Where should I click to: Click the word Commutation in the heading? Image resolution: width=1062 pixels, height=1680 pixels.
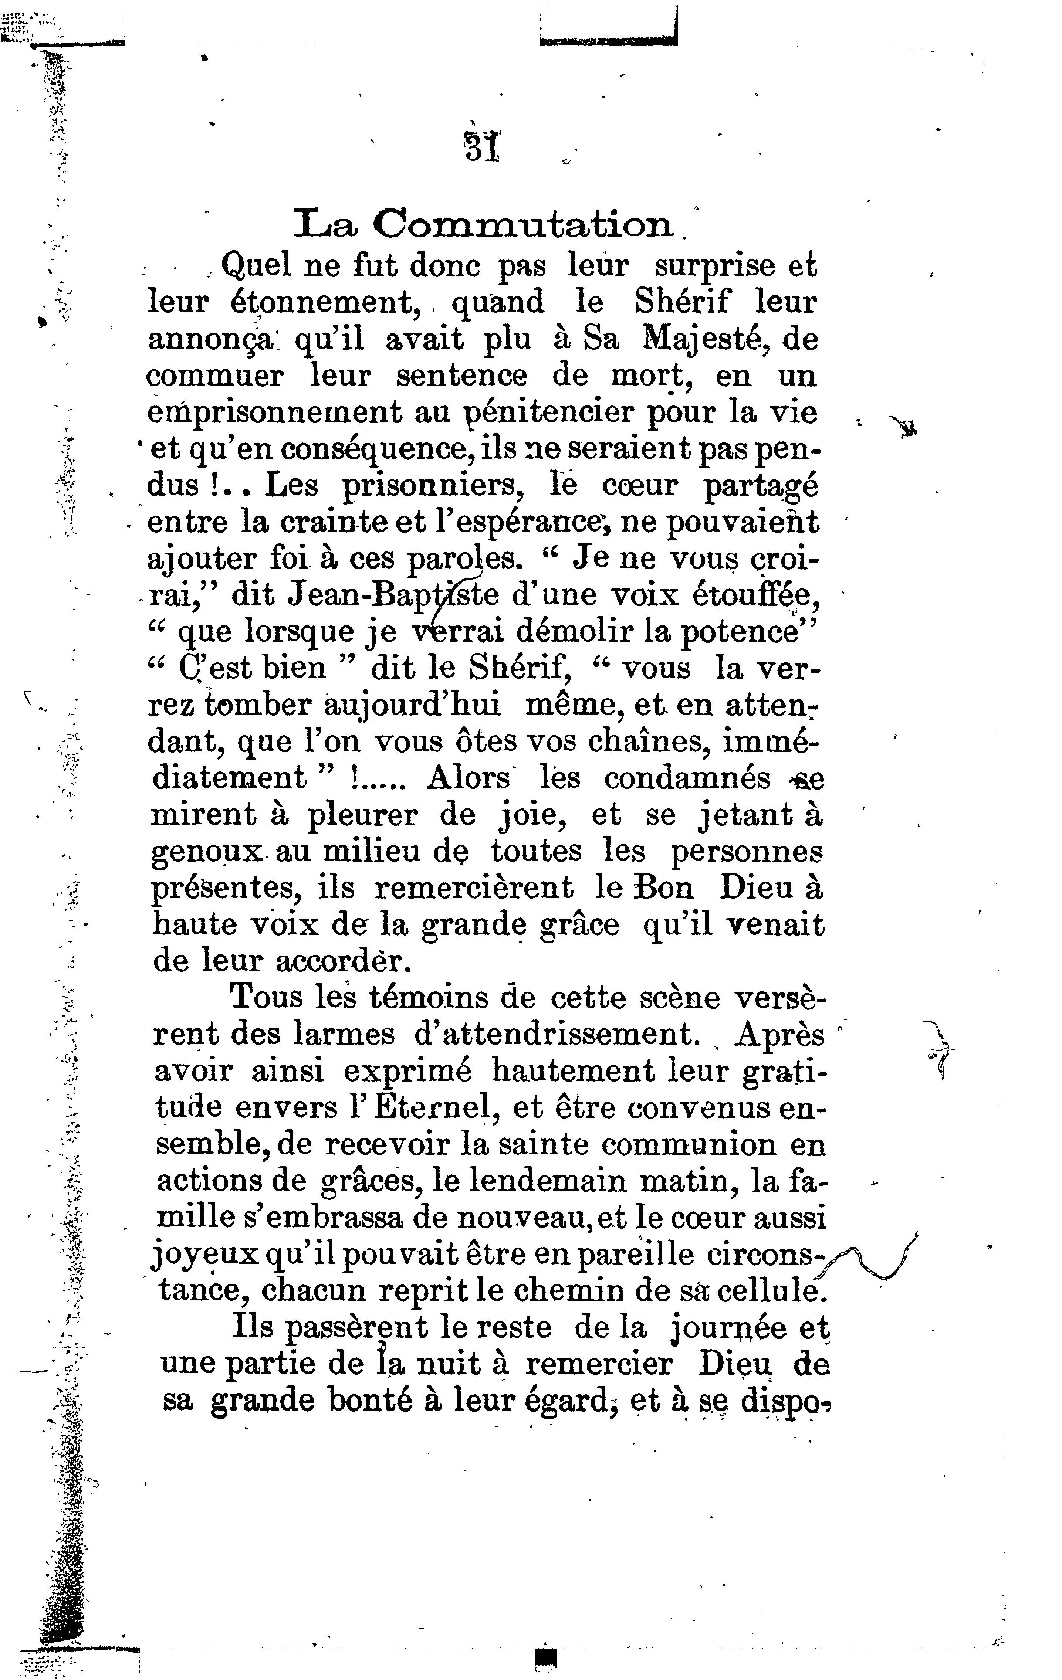tap(523, 225)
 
